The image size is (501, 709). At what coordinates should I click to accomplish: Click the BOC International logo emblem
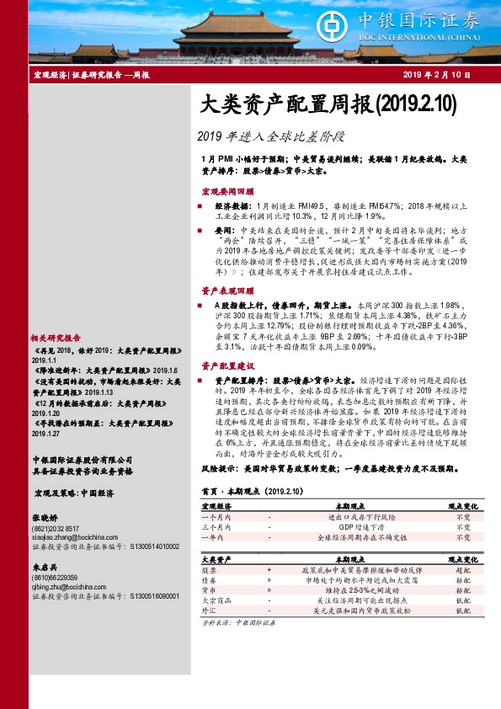[329, 23]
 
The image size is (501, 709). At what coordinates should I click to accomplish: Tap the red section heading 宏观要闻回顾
[226, 191]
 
